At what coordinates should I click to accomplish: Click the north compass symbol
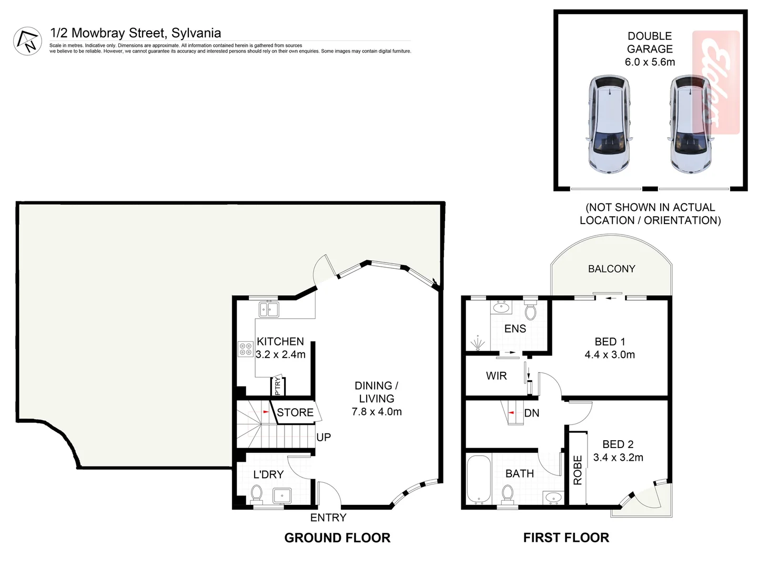click(27, 41)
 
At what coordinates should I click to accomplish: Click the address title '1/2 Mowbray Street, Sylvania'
click(135, 33)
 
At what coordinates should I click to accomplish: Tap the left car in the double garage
click(609, 124)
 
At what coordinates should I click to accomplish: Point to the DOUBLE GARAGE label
click(650, 43)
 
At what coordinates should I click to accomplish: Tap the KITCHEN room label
click(280, 341)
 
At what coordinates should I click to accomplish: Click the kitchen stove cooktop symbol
click(245, 349)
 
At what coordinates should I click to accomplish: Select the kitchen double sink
click(269, 309)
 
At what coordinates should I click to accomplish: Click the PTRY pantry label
click(278, 386)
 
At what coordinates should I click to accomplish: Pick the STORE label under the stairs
click(295, 413)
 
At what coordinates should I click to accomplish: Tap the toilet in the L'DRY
click(257, 494)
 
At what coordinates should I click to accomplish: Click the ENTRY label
click(328, 518)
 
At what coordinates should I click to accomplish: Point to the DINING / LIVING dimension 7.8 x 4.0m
click(377, 412)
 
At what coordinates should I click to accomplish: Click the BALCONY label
click(611, 269)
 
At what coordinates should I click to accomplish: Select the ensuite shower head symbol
click(478, 343)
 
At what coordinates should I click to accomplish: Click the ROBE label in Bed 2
click(578, 470)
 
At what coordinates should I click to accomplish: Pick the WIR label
click(496, 376)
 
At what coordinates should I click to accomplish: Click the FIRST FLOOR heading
click(566, 537)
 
